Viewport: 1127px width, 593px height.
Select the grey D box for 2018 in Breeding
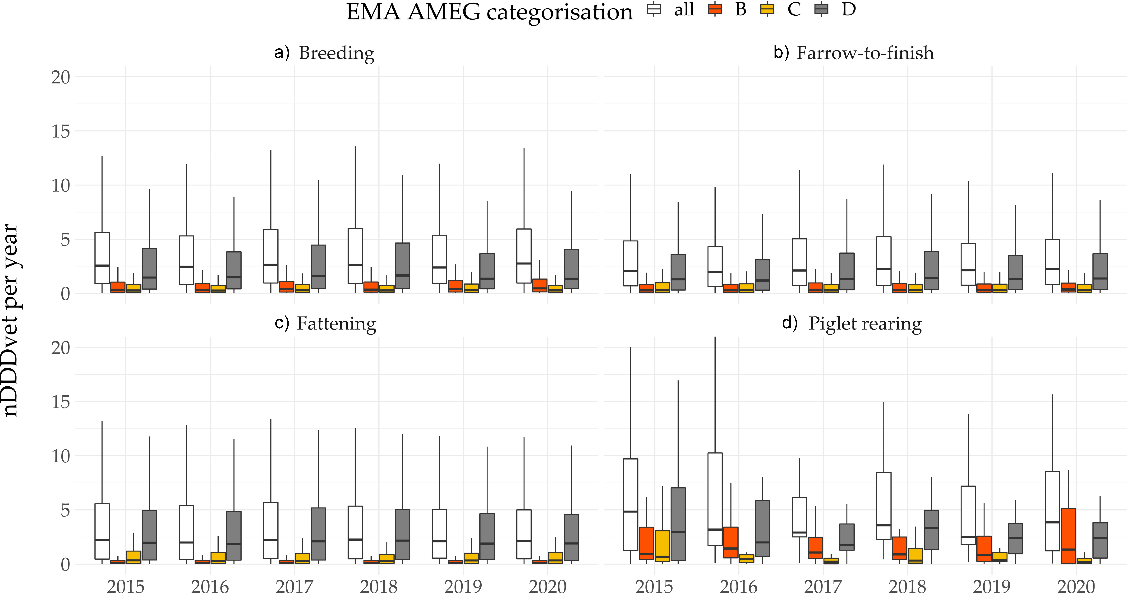(x=402, y=266)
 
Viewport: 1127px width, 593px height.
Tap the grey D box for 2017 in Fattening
(x=318, y=534)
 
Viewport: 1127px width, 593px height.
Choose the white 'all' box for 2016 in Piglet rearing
(x=715, y=499)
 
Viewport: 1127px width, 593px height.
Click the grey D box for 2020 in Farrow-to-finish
(x=1100, y=271)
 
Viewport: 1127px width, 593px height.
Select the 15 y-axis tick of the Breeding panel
(x=60, y=131)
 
